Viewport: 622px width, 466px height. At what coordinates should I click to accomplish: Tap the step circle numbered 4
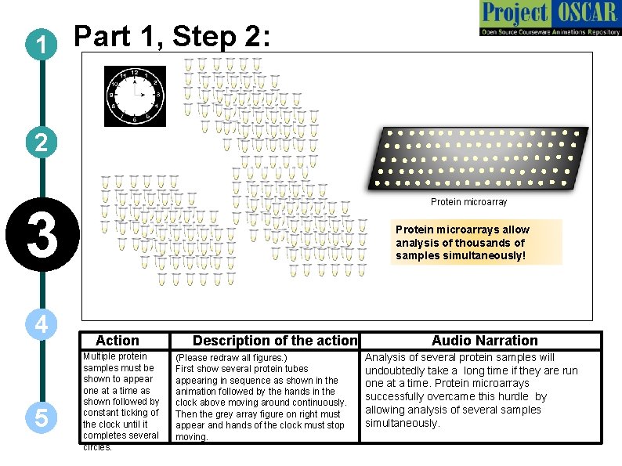[39, 324]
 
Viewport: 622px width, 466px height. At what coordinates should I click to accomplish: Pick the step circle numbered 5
[39, 417]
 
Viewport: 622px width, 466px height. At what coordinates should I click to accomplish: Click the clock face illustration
[136, 96]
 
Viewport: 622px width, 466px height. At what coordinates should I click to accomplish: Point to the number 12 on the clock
[135, 73]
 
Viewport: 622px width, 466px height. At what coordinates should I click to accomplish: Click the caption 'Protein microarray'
[469, 202]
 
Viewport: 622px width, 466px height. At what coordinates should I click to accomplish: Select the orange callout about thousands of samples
[476, 242]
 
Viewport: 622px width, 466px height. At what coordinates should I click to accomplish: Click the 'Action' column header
[117, 341]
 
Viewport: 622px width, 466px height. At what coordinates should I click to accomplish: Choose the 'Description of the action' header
[274, 341]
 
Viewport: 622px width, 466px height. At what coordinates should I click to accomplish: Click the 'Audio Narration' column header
[485, 341]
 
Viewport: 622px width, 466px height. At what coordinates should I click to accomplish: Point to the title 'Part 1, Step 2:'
[172, 37]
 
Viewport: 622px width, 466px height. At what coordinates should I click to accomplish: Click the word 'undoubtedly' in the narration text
[396, 370]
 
